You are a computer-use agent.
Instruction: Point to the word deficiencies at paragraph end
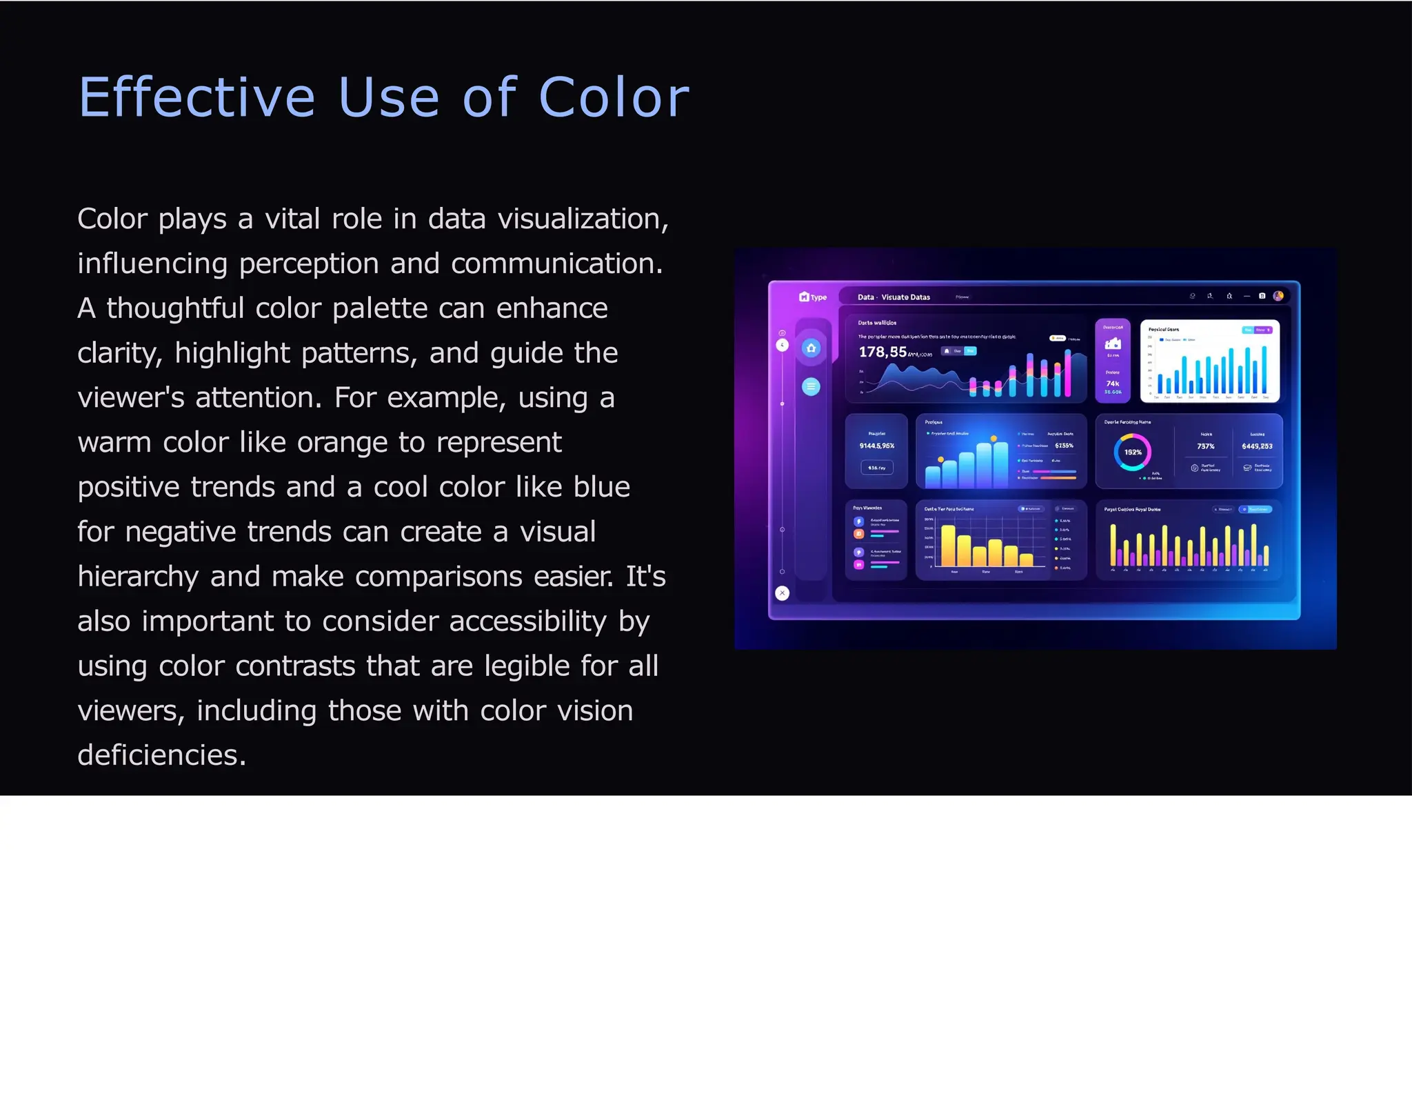[161, 755]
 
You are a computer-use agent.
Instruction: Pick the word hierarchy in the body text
[138, 577]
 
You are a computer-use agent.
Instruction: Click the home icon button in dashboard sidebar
[811, 348]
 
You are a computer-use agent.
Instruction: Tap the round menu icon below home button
[811, 386]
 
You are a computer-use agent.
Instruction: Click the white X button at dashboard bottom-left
[782, 592]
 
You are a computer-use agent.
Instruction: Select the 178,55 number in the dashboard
[882, 352]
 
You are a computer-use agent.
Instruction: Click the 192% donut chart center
[1132, 452]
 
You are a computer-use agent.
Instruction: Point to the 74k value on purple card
[1112, 383]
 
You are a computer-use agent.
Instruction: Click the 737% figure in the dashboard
[1205, 446]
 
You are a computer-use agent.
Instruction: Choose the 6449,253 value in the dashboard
[1257, 446]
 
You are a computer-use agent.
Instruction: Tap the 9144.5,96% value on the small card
[876, 446]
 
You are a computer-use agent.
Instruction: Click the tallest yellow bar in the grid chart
[949, 545]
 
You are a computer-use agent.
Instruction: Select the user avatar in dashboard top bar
[1278, 296]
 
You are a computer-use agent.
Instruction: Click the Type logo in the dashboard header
[813, 297]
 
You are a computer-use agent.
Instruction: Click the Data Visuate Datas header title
[894, 297]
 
